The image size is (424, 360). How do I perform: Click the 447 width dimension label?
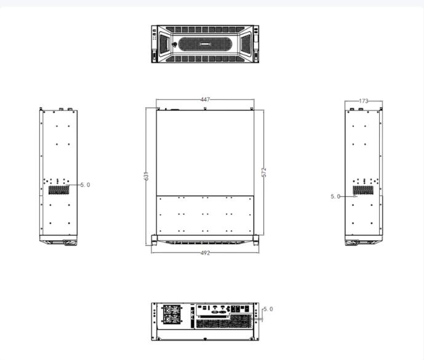click(206, 100)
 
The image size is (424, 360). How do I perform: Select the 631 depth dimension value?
click(146, 176)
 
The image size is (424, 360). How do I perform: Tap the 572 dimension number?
click(264, 172)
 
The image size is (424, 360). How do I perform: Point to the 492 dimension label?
click(206, 253)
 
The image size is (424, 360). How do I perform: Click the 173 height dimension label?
click(364, 101)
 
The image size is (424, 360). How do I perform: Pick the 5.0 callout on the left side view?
click(85, 185)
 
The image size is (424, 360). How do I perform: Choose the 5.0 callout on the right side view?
click(335, 196)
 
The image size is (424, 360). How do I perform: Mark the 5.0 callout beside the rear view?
click(268, 309)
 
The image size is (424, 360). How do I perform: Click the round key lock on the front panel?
click(174, 44)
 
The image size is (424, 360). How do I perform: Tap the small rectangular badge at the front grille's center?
click(205, 44)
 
